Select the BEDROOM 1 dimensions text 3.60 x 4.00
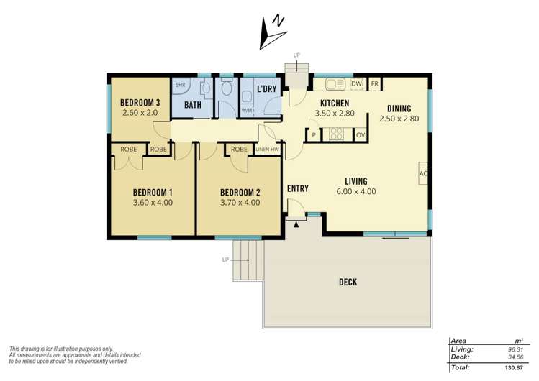pos(153,203)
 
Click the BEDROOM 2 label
pos(240,192)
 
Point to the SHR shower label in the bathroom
pos(179,84)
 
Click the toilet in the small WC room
pos(227,89)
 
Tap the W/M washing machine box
pos(246,111)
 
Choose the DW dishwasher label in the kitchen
pos(356,83)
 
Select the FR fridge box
pos(374,83)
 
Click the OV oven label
pos(361,134)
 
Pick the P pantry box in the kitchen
pos(314,134)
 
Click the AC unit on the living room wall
pos(423,174)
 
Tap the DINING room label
pos(399,109)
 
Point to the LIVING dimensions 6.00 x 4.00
pos(355,192)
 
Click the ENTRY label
pos(298,188)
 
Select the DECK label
pos(348,282)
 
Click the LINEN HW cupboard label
pos(267,150)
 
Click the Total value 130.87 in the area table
pos(512,368)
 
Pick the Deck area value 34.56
pos(513,357)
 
